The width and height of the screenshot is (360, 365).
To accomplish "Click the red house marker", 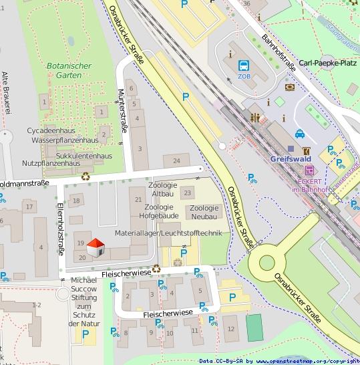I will [x=96, y=247].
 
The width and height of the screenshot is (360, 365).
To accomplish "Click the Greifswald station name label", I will [x=291, y=159].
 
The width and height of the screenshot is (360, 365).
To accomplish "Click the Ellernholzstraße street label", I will [x=60, y=229].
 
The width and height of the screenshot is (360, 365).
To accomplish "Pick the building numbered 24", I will [x=176, y=160].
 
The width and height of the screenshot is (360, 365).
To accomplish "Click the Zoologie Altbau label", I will [x=163, y=189].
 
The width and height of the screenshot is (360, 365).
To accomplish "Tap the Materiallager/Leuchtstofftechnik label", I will [x=167, y=233].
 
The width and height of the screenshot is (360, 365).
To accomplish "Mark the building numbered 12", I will [x=230, y=328].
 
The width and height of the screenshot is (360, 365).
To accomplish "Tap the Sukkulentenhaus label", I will [x=82, y=155].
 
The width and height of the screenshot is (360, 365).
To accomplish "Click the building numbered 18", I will [x=76, y=201].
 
